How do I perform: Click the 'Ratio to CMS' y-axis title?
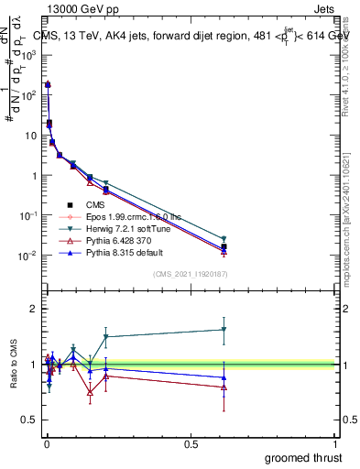tap(14, 365)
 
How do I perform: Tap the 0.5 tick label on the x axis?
tap(191, 444)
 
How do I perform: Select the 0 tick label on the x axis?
tap(46, 444)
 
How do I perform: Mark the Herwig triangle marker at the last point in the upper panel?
tap(224, 239)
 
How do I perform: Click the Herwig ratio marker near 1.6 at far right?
tap(224, 330)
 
